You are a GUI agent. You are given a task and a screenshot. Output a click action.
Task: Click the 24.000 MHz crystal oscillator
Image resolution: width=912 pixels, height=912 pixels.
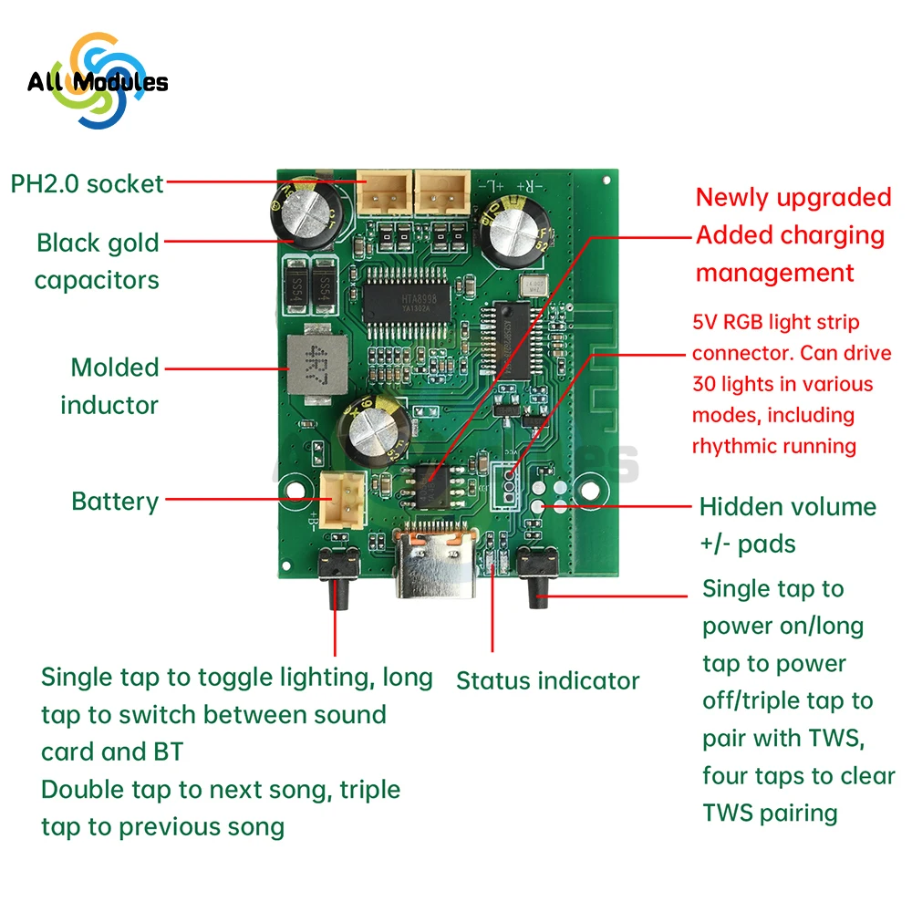point(529,285)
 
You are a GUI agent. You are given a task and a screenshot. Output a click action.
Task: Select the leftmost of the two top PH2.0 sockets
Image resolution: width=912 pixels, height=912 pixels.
point(382,193)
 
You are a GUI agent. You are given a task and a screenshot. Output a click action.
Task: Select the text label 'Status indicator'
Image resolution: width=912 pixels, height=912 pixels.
point(547,680)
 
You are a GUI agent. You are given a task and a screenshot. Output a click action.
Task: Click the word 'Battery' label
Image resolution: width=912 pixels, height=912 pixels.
point(115,501)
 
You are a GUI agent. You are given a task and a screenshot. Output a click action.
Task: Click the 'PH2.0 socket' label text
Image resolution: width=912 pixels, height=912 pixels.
point(87,183)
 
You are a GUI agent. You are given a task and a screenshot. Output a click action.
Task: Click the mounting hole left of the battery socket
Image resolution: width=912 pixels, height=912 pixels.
point(293,486)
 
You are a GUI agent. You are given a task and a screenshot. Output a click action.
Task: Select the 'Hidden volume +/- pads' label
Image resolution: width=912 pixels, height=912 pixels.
point(787,525)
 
